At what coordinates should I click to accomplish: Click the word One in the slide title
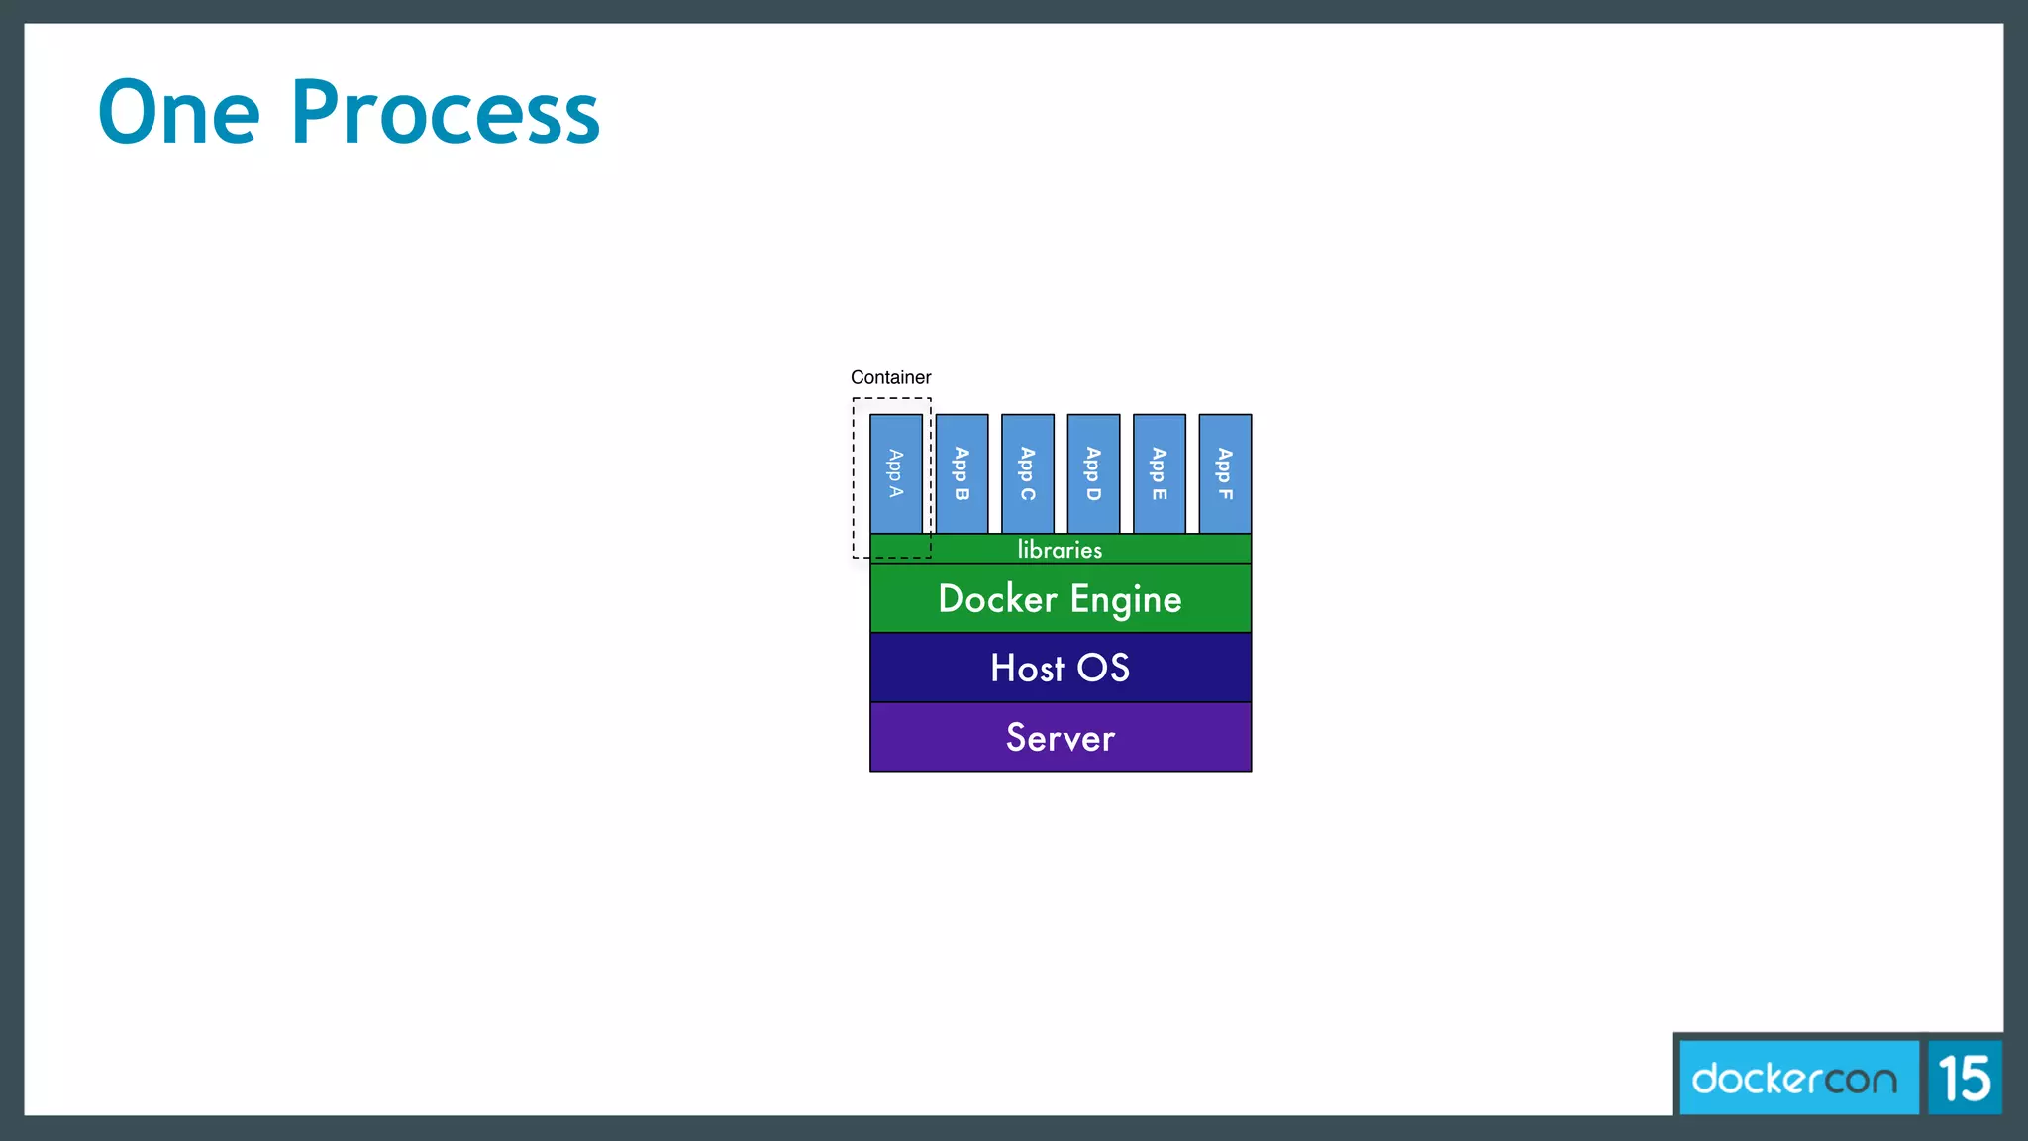(x=179, y=112)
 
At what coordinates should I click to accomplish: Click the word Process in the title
(x=445, y=112)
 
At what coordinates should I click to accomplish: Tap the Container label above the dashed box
(x=890, y=377)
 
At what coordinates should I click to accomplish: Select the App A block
(x=896, y=473)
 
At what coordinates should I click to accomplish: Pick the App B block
(x=962, y=473)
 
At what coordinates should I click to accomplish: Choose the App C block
(x=1028, y=473)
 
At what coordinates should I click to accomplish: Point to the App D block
(x=1093, y=473)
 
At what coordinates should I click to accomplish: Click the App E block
(x=1160, y=473)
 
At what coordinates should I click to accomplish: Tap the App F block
(x=1225, y=473)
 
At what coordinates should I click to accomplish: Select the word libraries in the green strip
(x=1060, y=549)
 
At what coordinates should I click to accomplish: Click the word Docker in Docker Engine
(x=997, y=599)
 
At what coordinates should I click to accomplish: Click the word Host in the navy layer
(x=1027, y=669)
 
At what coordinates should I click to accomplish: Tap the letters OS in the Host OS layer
(x=1103, y=669)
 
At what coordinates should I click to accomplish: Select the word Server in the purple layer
(x=1061, y=738)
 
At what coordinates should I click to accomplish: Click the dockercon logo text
(x=1794, y=1078)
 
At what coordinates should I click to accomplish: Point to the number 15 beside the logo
(x=1965, y=1078)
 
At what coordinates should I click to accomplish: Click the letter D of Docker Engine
(x=953, y=599)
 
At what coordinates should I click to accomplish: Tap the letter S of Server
(x=1017, y=738)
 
